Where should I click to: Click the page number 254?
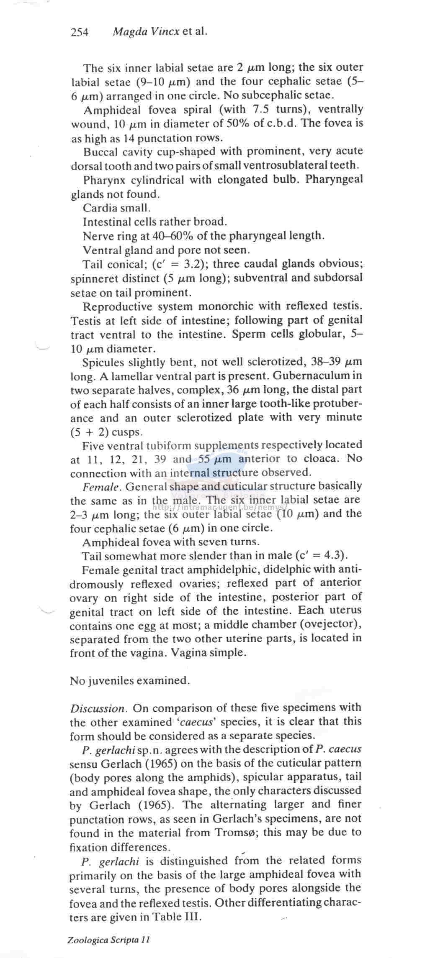tap(80, 32)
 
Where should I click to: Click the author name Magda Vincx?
tap(146, 31)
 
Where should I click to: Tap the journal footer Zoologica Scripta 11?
tap(108, 940)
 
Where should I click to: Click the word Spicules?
tap(104, 362)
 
